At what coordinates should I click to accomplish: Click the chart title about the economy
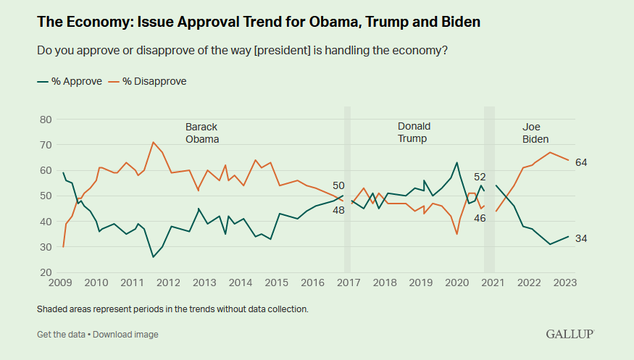(x=259, y=22)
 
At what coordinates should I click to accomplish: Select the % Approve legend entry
(x=70, y=81)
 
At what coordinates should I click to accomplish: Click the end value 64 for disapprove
(x=580, y=162)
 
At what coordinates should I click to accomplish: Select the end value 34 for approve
(x=580, y=238)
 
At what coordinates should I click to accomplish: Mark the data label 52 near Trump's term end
(x=480, y=176)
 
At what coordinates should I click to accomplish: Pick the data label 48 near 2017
(x=338, y=210)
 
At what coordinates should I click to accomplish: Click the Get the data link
(x=61, y=334)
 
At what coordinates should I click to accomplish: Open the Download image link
(x=125, y=334)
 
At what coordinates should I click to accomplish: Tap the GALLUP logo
(x=570, y=334)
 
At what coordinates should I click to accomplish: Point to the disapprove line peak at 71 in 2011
(x=153, y=142)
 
